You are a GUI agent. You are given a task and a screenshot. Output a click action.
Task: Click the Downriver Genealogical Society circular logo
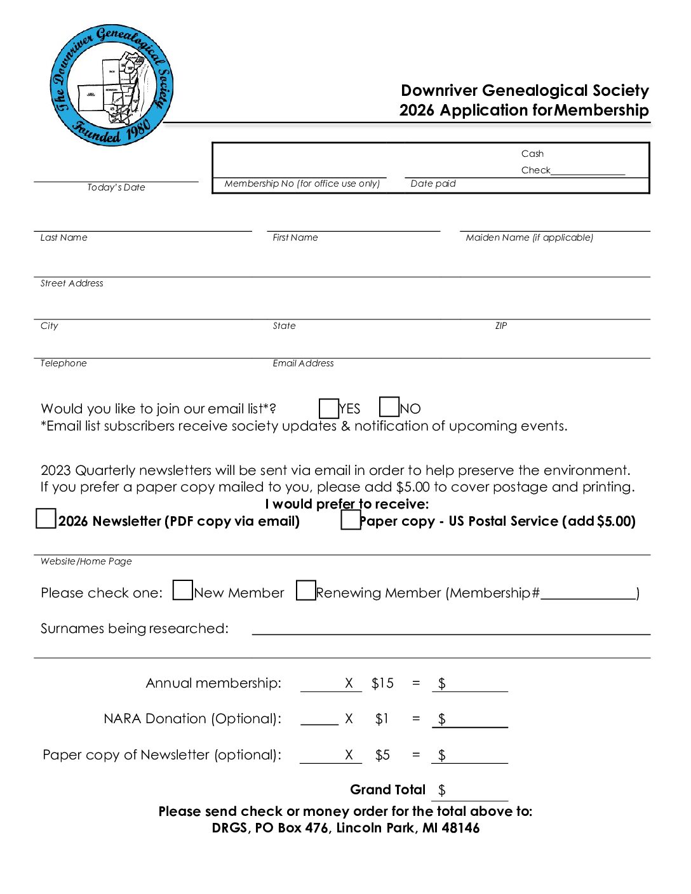tap(112, 86)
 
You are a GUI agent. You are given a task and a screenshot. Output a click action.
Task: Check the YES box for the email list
tap(328, 408)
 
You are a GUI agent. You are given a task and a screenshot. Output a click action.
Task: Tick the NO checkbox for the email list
tap(389, 407)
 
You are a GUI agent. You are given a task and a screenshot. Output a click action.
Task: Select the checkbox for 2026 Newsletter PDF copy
tap(46, 519)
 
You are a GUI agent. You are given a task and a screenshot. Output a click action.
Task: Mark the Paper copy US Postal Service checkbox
tap(351, 520)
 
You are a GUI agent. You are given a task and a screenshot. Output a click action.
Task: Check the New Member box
tap(183, 590)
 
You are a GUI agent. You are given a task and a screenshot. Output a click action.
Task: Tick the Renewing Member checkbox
tap(306, 590)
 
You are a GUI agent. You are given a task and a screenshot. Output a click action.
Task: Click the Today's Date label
tap(116, 187)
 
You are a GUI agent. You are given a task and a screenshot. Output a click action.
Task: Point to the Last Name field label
tap(64, 237)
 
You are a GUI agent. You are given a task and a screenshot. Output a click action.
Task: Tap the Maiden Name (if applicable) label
tap(529, 237)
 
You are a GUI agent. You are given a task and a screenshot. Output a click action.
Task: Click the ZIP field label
tap(501, 326)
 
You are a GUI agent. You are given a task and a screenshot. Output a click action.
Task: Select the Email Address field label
tap(303, 363)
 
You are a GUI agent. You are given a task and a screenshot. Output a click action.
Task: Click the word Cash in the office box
tap(532, 154)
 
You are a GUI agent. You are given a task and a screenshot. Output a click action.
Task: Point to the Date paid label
tap(433, 183)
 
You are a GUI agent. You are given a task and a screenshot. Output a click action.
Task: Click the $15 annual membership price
tap(382, 683)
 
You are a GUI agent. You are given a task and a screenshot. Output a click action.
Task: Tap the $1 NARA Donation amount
tap(382, 719)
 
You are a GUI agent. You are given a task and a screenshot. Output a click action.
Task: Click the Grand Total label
tap(387, 790)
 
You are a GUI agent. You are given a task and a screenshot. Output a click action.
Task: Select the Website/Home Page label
tap(86, 561)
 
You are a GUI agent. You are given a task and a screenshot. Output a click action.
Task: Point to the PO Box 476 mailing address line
tap(345, 828)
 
